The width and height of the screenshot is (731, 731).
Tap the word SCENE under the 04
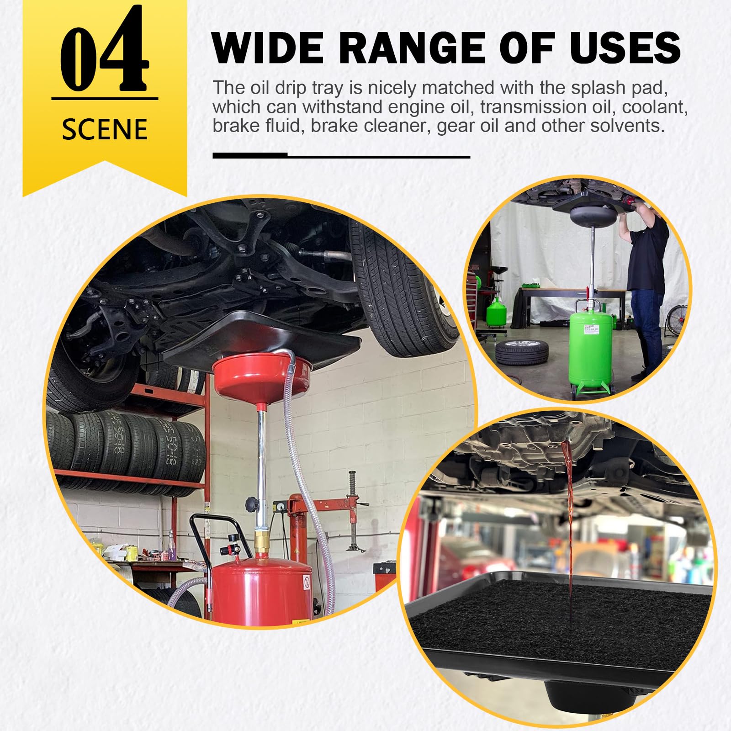click(105, 129)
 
